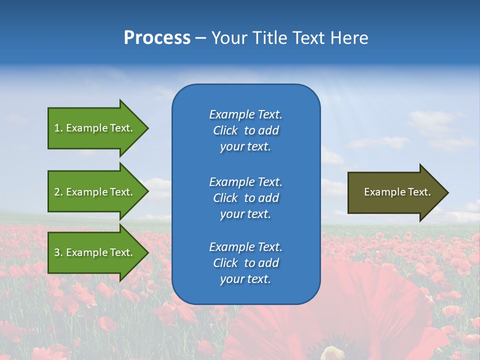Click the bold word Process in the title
[157, 38]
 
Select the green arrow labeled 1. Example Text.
[95, 128]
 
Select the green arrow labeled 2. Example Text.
[95, 192]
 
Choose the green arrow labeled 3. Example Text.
[95, 252]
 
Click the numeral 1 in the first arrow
[57, 128]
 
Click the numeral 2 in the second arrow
[57, 192]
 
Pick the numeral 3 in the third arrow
[57, 252]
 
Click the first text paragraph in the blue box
[245, 130]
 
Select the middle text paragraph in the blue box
[245, 198]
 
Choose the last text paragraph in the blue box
[245, 263]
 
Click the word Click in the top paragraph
[225, 130]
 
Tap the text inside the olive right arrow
[397, 192]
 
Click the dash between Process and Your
[200, 38]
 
